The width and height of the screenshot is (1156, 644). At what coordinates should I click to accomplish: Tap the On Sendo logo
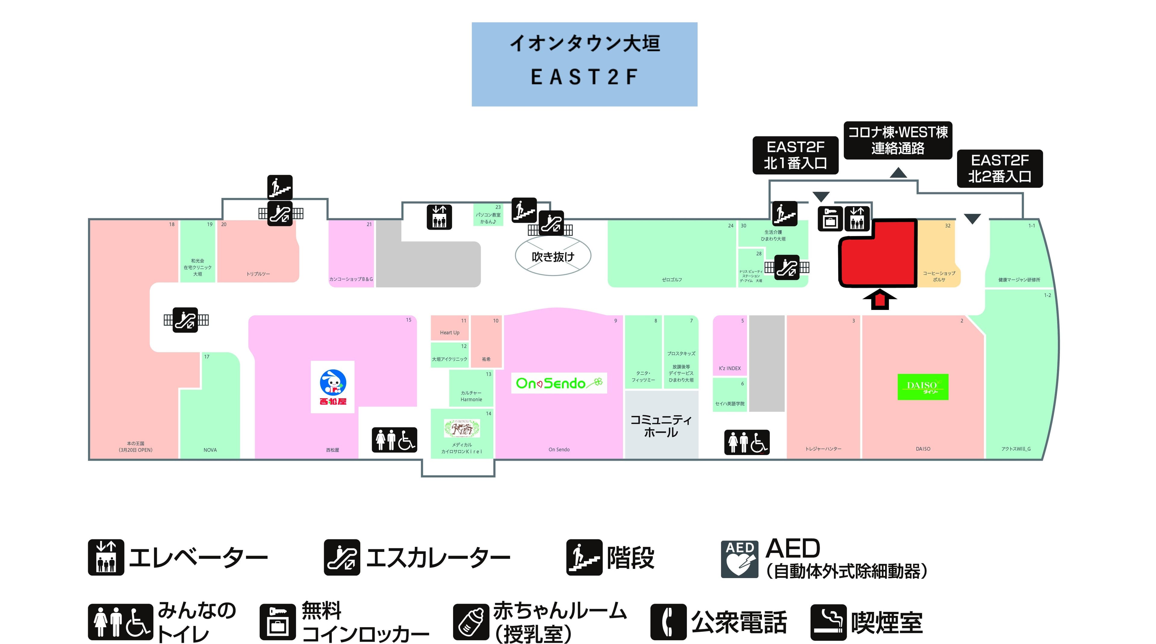tap(559, 383)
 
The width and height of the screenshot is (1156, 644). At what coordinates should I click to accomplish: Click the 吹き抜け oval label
tap(553, 256)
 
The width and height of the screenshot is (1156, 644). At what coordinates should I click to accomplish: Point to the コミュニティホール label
tap(661, 426)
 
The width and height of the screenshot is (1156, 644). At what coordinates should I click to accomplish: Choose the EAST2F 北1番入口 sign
tap(795, 155)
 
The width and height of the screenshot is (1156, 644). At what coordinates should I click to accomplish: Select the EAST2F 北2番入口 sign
tap(999, 168)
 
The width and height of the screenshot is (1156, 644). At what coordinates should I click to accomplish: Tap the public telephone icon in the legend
tap(668, 622)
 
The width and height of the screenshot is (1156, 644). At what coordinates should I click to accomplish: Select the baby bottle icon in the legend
tap(471, 622)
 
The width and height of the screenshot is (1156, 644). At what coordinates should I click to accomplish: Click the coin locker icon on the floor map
tap(830, 219)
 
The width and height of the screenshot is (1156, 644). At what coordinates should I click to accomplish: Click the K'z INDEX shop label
tap(730, 368)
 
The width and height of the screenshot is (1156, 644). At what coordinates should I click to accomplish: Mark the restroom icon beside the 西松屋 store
tap(394, 440)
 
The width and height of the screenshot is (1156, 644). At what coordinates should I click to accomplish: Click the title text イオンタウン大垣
tap(584, 44)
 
